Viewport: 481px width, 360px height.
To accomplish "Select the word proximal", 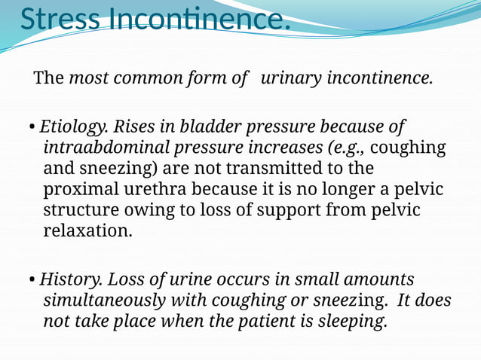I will click(79, 188).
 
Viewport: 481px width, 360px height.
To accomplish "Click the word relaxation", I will click(87, 230).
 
